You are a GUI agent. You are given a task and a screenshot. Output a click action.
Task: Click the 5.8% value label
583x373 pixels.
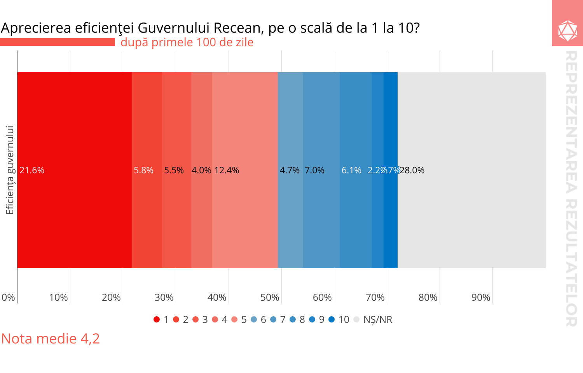tap(143, 170)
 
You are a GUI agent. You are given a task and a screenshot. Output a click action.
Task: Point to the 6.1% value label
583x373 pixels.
tap(351, 170)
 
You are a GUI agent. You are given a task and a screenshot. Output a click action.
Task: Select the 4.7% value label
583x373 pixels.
tap(290, 170)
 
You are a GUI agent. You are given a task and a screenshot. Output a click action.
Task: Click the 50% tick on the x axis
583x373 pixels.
tap(270, 297)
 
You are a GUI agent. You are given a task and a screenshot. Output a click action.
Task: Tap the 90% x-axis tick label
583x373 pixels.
tap(481, 297)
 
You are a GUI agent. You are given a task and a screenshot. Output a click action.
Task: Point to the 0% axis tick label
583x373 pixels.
tap(8, 297)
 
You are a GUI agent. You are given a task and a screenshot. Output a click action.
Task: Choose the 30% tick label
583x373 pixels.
tap(164, 297)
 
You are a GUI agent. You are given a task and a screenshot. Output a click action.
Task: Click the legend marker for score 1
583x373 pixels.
tap(157, 319)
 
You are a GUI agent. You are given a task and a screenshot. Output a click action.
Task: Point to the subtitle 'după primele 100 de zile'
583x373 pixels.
tap(187, 42)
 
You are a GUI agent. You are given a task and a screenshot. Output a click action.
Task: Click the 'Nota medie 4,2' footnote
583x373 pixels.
tap(51, 338)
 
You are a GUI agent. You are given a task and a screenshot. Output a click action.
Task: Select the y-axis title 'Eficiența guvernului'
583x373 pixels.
tap(10, 170)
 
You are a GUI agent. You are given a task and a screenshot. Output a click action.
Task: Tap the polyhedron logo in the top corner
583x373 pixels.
tap(567, 31)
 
